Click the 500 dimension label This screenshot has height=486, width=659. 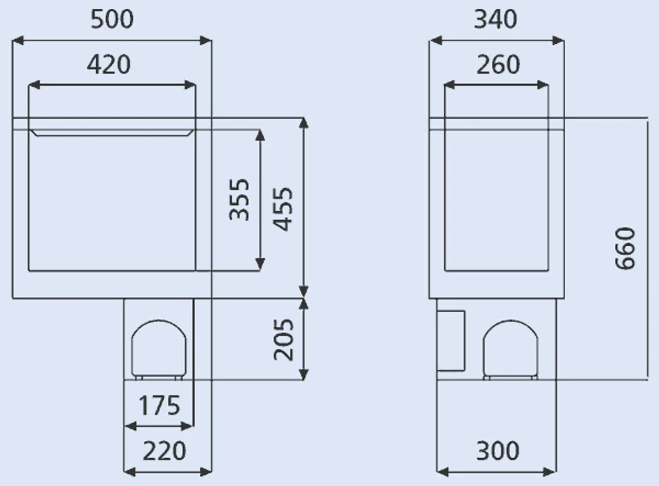pyautogui.click(x=112, y=20)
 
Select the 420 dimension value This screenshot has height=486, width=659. pyautogui.click(x=109, y=65)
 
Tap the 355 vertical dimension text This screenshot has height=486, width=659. pyautogui.click(x=239, y=200)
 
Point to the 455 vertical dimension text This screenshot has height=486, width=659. pyautogui.click(x=283, y=209)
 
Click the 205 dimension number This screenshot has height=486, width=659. pyautogui.click(x=283, y=339)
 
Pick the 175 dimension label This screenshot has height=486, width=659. pyautogui.click(x=159, y=405)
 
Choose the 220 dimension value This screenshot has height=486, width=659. pyautogui.click(x=164, y=451)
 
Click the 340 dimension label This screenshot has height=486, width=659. pyautogui.click(x=495, y=20)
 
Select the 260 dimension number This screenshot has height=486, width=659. pyautogui.click(x=498, y=65)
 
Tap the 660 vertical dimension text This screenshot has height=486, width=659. pyautogui.click(x=626, y=248)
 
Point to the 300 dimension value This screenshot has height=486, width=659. pyautogui.click(x=497, y=451)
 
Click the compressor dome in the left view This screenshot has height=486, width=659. pyautogui.click(x=159, y=349)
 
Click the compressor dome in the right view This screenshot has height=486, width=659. pyautogui.click(x=511, y=349)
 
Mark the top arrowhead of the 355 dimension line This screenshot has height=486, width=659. pyautogui.click(x=260, y=135)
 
